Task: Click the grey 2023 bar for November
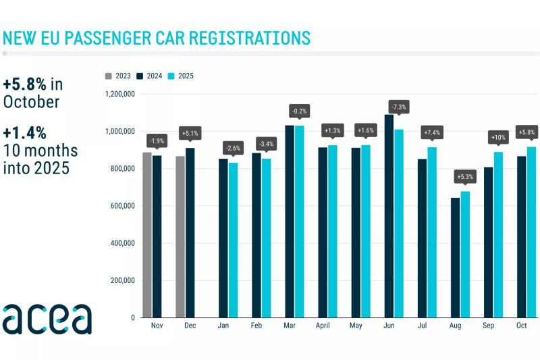[147, 235]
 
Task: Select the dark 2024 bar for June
[389, 216]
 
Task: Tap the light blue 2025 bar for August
[465, 255]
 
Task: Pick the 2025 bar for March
[299, 222]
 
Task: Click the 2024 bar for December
[190, 233]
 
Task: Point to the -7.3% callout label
[399, 107]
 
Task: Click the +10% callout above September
[498, 138]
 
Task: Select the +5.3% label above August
[465, 177]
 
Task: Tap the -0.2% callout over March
[299, 111]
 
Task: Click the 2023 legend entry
[118, 76]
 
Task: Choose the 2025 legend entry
[181, 76]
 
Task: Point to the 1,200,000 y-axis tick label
[120, 94]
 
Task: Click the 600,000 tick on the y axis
[123, 206]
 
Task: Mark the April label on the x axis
[323, 326]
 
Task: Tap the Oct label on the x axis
[521, 325]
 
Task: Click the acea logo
[47, 319]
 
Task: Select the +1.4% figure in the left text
[24, 133]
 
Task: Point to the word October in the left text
[31, 102]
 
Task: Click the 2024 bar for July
[423, 238]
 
